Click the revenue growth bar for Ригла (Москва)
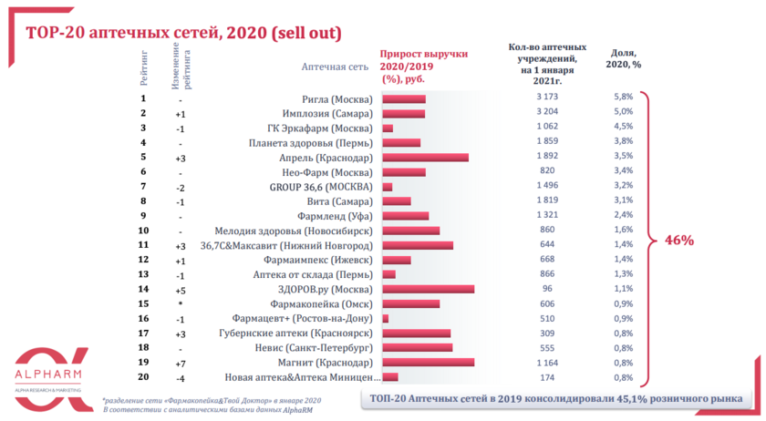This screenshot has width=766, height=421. coord(404,98)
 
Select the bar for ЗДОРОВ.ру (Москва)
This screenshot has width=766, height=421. coord(428,289)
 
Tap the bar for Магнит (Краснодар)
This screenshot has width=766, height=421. coord(428,362)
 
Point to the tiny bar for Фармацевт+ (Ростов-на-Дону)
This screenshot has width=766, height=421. coord(386,318)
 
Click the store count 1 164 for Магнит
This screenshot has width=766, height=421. coord(546,362)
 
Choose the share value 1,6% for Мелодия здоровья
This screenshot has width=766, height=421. coord(623,230)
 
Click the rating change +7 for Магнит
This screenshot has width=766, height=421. coord(181,363)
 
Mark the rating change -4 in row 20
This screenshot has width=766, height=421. coord(181,377)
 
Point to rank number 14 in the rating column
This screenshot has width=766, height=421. coord(143,289)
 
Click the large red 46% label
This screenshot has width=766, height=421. coord(679,241)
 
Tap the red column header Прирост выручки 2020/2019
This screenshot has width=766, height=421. coord(417,67)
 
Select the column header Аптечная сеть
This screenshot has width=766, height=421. coord(335,67)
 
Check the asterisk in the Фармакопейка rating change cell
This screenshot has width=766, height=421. coord(181,304)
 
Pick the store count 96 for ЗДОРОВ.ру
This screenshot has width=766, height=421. coord(546,289)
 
